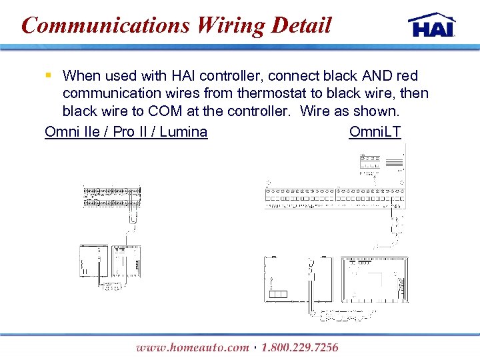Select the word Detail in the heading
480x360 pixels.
tap(301, 25)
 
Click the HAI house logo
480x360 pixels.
tap(432, 25)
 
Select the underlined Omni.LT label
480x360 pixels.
tap(375, 131)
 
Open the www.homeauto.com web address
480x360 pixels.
tap(192, 347)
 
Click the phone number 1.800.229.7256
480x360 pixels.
tap(300, 347)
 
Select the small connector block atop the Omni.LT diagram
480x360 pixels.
tap(370, 162)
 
